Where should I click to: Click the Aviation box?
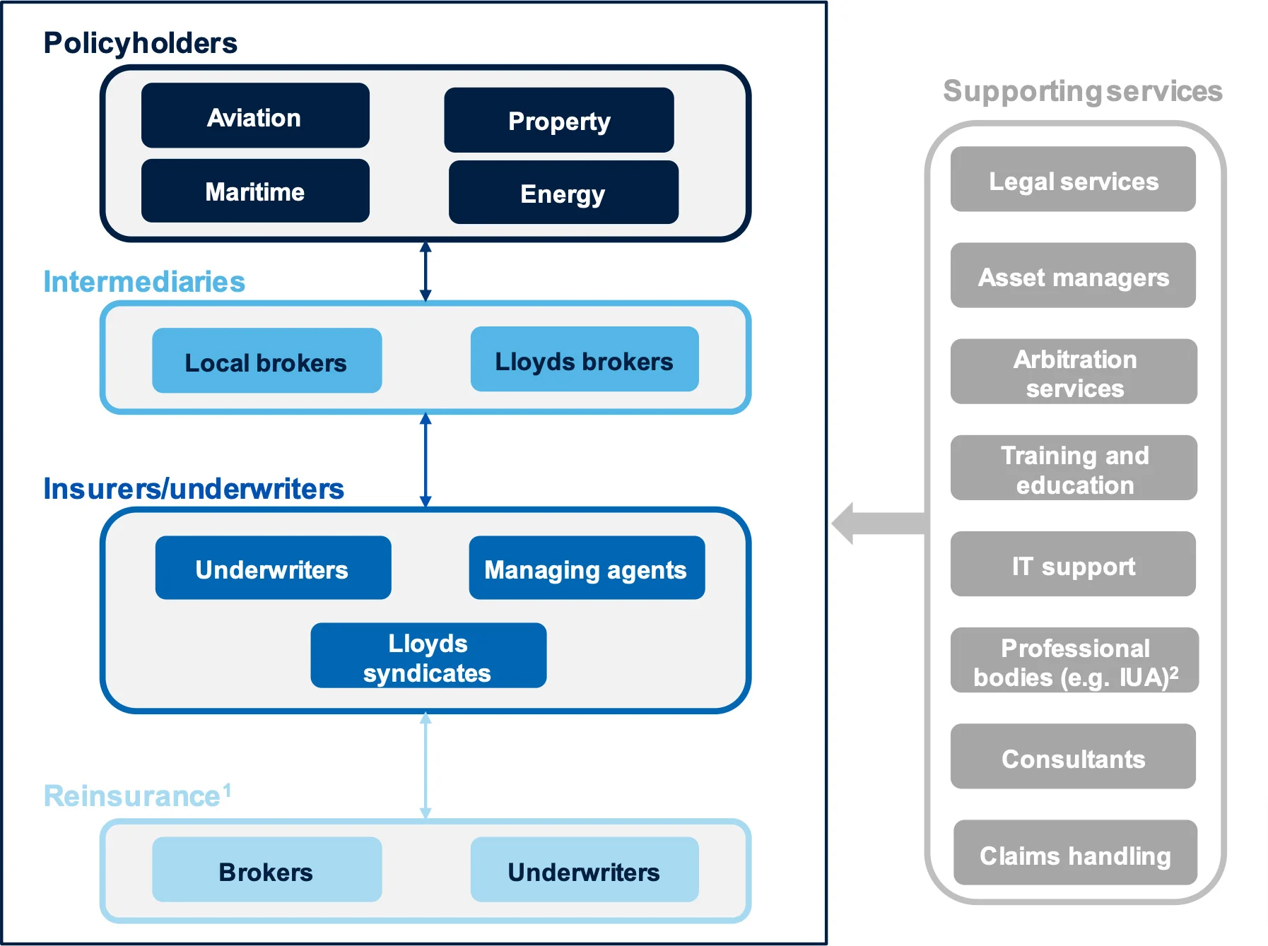pyautogui.click(x=255, y=116)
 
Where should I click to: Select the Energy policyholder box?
pyautogui.click(x=563, y=193)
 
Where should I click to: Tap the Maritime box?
pyautogui.click(x=255, y=191)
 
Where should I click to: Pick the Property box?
pyautogui.click(x=558, y=120)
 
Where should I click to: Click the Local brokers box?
pyautogui.click(x=266, y=361)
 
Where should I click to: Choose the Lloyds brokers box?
pyautogui.click(x=584, y=360)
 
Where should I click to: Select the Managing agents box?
pyautogui.click(x=586, y=568)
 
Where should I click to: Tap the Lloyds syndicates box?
pyautogui.click(x=428, y=656)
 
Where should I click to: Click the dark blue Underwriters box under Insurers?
pyautogui.click(x=273, y=568)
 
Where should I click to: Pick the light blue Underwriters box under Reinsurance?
pyautogui.click(x=584, y=870)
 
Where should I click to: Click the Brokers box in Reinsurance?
pyautogui.click(x=266, y=870)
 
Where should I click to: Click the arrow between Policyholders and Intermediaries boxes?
pyautogui.click(x=425, y=271)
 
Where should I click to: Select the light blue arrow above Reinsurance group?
pyautogui.click(x=425, y=766)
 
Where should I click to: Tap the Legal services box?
pyautogui.click(x=1073, y=179)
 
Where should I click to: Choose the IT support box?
pyautogui.click(x=1073, y=564)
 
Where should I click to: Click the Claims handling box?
pyautogui.click(x=1074, y=853)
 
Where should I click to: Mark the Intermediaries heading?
pyautogui.click(x=144, y=281)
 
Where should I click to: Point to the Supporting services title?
pyautogui.click(x=1082, y=91)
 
